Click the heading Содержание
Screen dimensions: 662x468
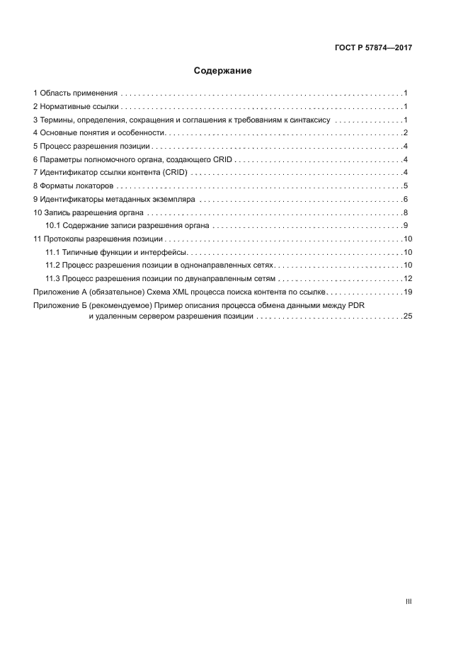point(223,71)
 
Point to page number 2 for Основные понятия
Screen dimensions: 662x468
point(405,133)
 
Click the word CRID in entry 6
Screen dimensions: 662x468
point(223,159)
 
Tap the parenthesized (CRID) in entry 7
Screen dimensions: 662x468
point(175,173)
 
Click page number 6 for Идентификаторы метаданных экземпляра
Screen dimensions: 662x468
point(405,199)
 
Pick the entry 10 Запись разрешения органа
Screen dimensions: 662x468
point(89,212)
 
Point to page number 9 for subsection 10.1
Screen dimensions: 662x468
point(405,225)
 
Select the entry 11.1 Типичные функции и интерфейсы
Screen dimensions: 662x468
point(116,252)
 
